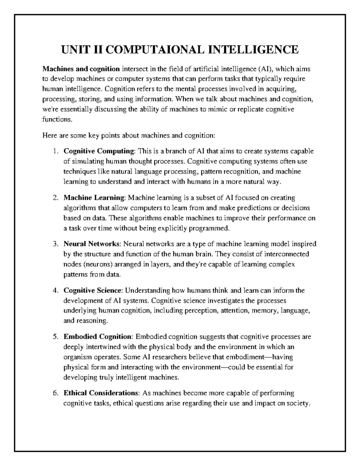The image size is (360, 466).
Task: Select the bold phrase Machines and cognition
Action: click(81, 69)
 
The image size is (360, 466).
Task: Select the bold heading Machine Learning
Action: click(94, 198)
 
